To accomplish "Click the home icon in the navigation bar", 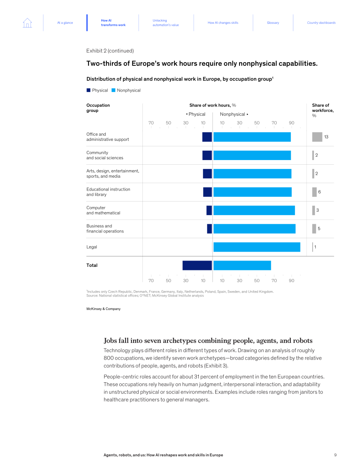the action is (x=27, y=23).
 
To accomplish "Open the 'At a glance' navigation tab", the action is (x=65, y=23).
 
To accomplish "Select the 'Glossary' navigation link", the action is (x=273, y=23).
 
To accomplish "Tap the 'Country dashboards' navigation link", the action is (x=321, y=23).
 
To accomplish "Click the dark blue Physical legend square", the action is (x=88, y=90).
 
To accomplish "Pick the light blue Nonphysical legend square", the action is (x=113, y=90).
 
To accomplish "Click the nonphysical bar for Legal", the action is (x=257, y=247).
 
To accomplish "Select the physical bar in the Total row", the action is (x=197, y=265).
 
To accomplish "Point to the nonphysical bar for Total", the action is (x=242, y=265).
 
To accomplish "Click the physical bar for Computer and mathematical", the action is (x=209, y=211).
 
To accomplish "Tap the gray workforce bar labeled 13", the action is (x=317, y=137).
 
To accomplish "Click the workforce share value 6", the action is (x=320, y=192).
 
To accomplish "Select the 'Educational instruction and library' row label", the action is (x=108, y=192).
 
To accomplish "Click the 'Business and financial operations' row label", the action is (x=105, y=229).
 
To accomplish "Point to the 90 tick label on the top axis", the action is (x=292, y=123).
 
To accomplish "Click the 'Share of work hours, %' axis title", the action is (x=213, y=105).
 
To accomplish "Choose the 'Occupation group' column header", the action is (x=98, y=108).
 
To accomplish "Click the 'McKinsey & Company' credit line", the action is (x=103, y=309).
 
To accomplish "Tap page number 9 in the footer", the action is (x=335, y=455).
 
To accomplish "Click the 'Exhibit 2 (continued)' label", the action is (x=110, y=51).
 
